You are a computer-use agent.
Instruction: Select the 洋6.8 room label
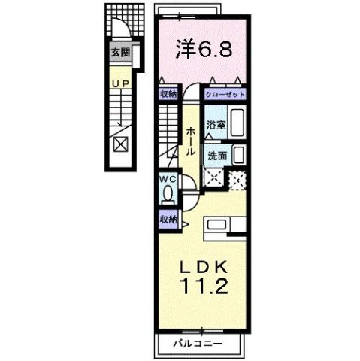(203, 49)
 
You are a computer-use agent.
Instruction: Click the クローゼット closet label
(225, 96)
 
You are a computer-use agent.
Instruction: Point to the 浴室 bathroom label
(216, 125)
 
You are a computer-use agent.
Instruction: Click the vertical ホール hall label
(192, 140)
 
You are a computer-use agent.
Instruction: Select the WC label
(168, 180)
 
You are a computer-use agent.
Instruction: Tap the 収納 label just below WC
(168, 219)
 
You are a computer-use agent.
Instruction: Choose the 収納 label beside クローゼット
(168, 94)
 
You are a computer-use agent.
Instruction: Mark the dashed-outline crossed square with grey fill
(238, 180)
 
